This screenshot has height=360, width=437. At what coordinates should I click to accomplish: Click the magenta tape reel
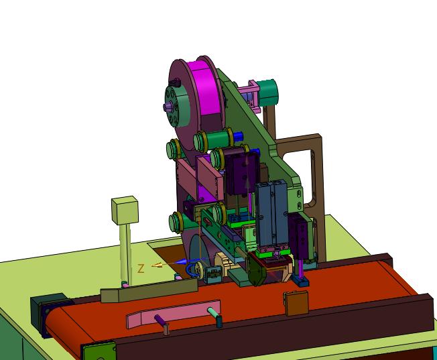click(207, 89)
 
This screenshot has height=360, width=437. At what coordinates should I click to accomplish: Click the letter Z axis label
click(141, 269)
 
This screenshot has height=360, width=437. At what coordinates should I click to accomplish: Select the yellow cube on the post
click(125, 211)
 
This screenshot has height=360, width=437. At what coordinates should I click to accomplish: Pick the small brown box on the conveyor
click(296, 303)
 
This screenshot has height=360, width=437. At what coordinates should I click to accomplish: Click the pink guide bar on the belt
click(173, 314)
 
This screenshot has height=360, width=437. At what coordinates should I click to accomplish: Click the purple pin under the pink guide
click(160, 320)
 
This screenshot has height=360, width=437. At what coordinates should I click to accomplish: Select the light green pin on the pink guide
click(214, 312)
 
